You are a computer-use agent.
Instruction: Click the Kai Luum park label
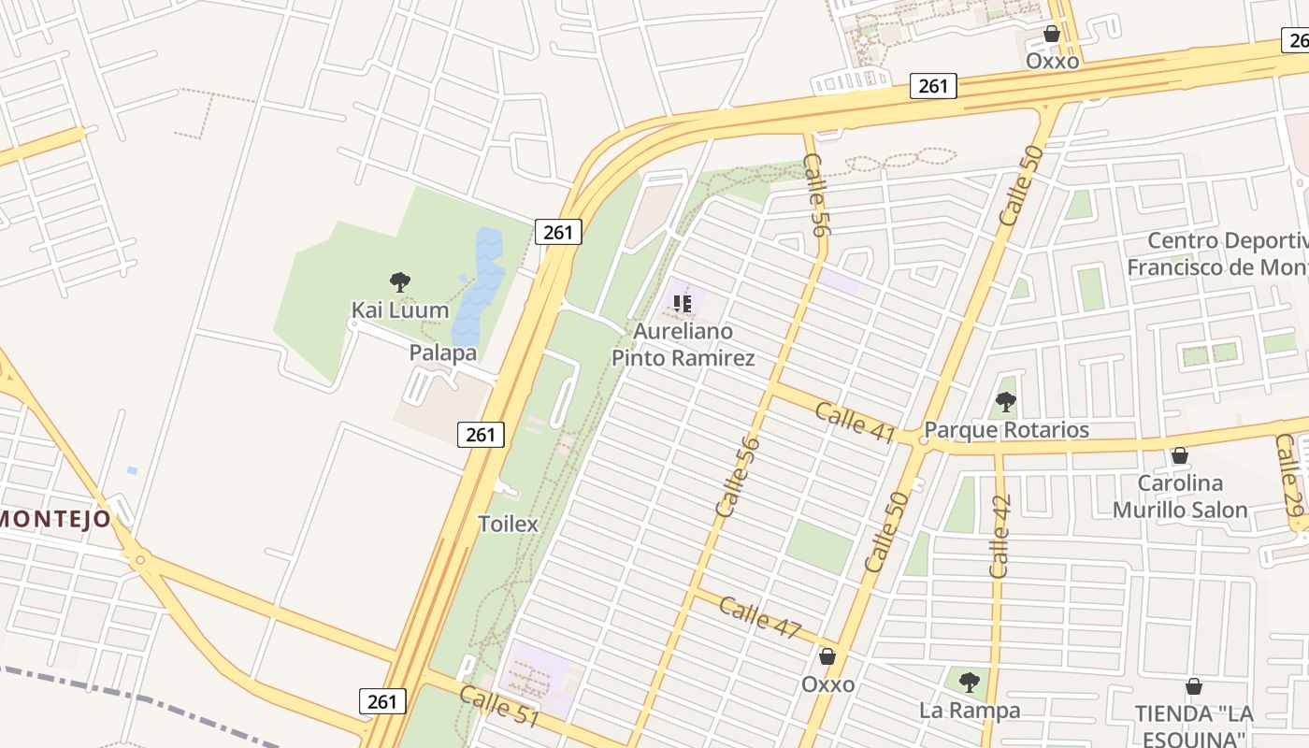pyautogui.click(x=400, y=309)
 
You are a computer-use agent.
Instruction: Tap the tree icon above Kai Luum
pyautogui.click(x=400, y=281)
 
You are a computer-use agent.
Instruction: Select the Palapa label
pyautogui.click(x=443, y=352)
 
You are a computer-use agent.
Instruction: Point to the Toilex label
pyautogui.click(x=509, y=524)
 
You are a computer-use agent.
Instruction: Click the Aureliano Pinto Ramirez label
pyautogui.click(x=683, y=344)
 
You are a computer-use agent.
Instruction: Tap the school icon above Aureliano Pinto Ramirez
pyautogui.click(x=683, y=303)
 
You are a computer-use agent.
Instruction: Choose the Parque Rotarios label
pyautogui.click(x=1007, y=430)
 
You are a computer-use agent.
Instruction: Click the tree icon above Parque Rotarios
pyautogui.click(x=1006, y=402)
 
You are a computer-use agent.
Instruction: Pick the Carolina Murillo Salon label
pyautogui.click(x=1180, y=496)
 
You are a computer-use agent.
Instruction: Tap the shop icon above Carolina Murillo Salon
pyautogui.click(x=1180, y=455)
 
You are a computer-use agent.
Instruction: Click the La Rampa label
pyautogui.click(x=970, y=711)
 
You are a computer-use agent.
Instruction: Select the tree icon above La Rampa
pyautogui.click(x=970, y=682)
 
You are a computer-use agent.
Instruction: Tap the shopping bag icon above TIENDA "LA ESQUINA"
pyautogui.click(x=1194, y=686)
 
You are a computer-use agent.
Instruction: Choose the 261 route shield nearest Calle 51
pyautogui.click(x=382, y=701)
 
